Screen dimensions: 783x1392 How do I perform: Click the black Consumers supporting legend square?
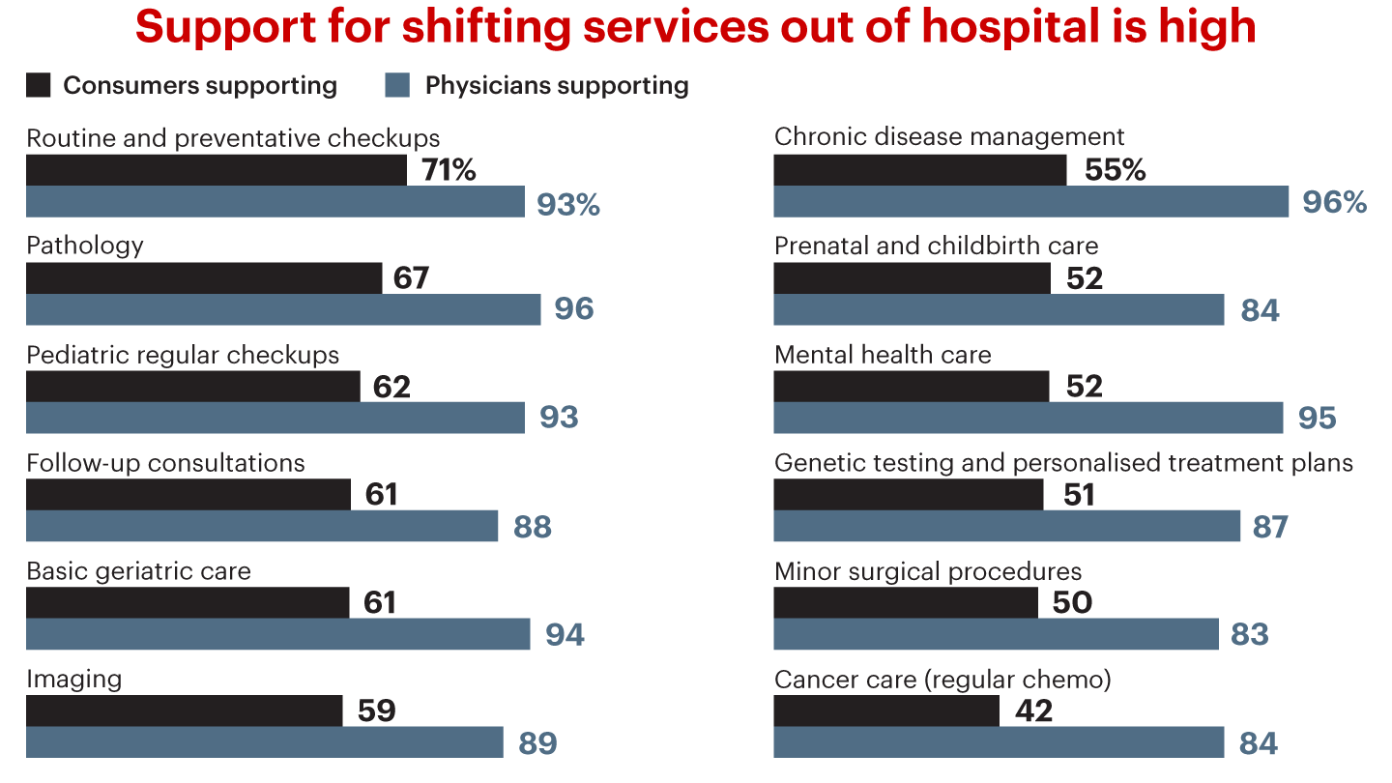(39, 85)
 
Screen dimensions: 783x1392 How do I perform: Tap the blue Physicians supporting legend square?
(398, 85)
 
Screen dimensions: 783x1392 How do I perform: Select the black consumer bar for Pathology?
(204, 278)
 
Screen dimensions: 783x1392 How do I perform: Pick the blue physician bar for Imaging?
(265, 742)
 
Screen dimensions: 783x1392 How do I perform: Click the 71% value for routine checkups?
(449, 171)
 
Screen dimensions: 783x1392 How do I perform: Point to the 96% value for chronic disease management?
(1334, 202)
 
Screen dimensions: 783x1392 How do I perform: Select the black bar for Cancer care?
(886, 710)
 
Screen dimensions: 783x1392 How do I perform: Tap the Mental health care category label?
(883, 355)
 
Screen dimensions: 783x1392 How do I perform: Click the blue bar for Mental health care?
(1029, 418)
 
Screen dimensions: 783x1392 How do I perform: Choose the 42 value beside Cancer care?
(1033, 710)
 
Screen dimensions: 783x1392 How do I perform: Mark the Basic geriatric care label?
(138, 571)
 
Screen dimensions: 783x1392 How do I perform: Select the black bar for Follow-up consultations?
(188, 494)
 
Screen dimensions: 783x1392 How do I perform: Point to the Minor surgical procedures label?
(928, 571)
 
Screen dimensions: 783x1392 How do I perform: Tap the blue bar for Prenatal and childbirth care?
(999, 309)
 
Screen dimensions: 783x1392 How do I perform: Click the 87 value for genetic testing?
(1270, 527)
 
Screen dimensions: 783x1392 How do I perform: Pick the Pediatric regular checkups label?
(183, 355)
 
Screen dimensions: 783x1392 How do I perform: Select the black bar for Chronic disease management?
(920, 170)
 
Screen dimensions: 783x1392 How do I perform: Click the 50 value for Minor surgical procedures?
(1071, 603)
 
